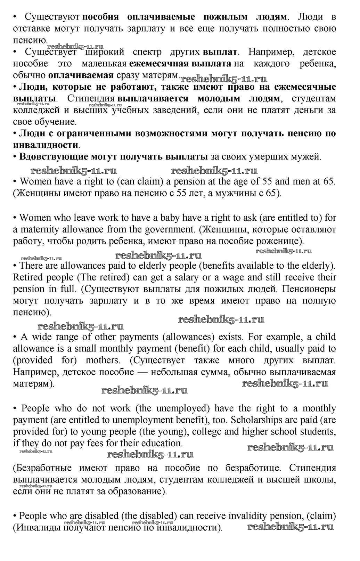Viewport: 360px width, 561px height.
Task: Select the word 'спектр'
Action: tap(147, 52)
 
